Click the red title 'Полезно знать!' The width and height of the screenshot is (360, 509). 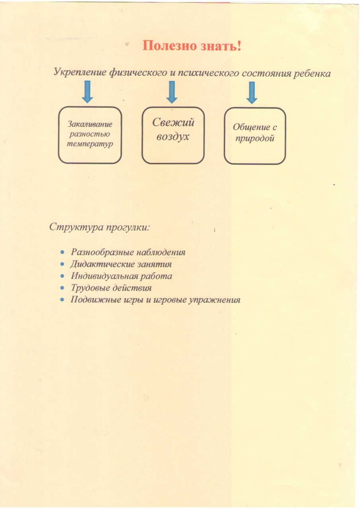point(192,46)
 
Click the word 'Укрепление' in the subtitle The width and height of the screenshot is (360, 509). point(80,72)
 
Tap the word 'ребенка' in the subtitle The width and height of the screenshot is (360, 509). point(311,74)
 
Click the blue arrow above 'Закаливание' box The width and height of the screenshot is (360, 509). point(88,91)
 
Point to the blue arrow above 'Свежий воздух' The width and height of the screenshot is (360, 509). point(172,92)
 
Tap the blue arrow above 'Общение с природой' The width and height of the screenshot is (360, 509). point(252,93)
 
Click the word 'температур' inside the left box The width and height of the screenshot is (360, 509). point(90,144)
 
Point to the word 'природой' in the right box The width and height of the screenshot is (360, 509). point(255,138)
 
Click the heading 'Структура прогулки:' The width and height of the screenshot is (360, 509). point(99,227)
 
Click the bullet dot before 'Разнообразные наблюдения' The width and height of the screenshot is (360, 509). point(62,252)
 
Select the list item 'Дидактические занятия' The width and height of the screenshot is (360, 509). point(121,264)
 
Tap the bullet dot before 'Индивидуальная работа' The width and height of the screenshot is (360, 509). point(62,276)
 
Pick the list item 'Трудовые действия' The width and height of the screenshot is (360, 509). point(111,288)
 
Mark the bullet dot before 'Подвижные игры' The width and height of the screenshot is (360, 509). point(62,300)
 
